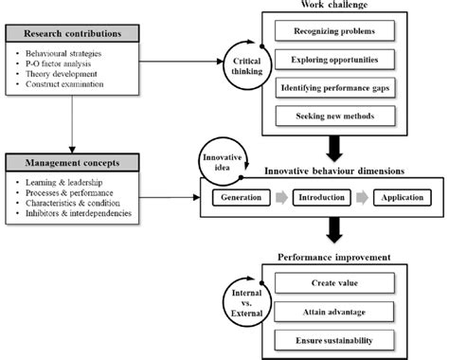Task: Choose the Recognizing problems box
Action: [332, 32]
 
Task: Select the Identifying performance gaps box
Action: [332, 89]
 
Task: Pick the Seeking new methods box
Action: [332, 117]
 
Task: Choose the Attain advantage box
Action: [334, 311]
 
